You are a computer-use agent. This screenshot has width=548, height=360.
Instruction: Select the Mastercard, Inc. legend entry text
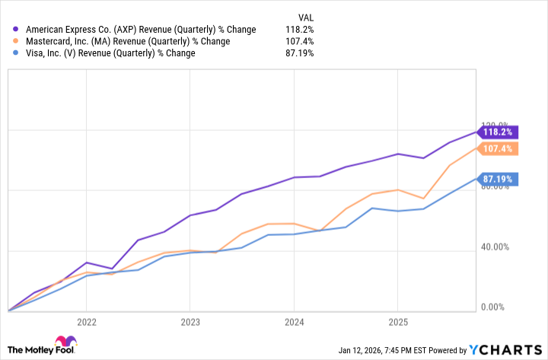127,41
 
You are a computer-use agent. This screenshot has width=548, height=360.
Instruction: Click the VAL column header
304,16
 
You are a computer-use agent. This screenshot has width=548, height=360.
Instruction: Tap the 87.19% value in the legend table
299,53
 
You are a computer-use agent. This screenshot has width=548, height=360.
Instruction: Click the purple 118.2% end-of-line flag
499,131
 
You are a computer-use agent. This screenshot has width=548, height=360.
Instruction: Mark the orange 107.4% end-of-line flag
499,148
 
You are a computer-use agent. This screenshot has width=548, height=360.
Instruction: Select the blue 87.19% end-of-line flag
499,180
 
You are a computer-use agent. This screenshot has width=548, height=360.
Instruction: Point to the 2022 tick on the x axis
86,322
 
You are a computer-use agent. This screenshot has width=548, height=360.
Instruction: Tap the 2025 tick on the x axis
397,322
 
